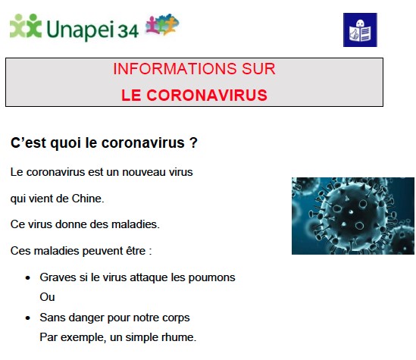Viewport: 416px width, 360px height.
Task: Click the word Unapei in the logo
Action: click(80, 30)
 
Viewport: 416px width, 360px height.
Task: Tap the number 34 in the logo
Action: click(128, 31)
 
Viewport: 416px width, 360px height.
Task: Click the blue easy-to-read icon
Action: click(360, 30)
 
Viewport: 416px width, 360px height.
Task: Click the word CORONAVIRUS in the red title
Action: click(207, 95)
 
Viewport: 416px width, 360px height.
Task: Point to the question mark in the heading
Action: click(194, 142)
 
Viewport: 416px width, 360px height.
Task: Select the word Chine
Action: click(88, 199)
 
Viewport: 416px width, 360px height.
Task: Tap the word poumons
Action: click(211, 278)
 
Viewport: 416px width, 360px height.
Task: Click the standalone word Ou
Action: click(47, 297)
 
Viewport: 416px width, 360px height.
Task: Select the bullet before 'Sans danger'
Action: click(28, 318)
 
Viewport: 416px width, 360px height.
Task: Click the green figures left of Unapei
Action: click(26, 26)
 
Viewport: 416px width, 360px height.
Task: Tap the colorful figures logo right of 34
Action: click(162, 24)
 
